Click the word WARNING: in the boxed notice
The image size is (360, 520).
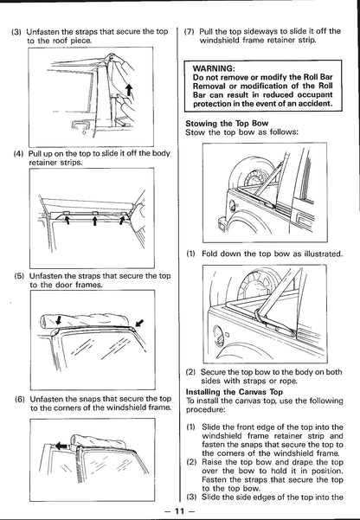pyautogui.click(x=214, y=68)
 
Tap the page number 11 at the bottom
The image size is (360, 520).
pyautogui.click(x=179, y=510)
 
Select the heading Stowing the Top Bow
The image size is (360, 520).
pyautogui.click(x=227, y=124)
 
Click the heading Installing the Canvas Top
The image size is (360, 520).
pyautogui.click(x=235, y=392)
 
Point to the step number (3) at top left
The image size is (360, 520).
pyautogui.click(x=16, y=32)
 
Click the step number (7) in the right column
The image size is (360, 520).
pyautogui.click(x=190, y=32)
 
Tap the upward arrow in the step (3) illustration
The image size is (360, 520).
pyautogui.click(x=130, y=90)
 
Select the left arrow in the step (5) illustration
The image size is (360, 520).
pyautogui.click(x=59, y=319)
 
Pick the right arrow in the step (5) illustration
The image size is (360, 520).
pyautogui.click(x=139, y=323)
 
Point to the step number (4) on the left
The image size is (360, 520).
pyautogui.click(x=18, y=154)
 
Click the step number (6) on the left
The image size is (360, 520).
pyautogui.click(x=20, y=399)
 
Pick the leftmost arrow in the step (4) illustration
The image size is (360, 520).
pyautogui.click(x=67, y=220)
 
